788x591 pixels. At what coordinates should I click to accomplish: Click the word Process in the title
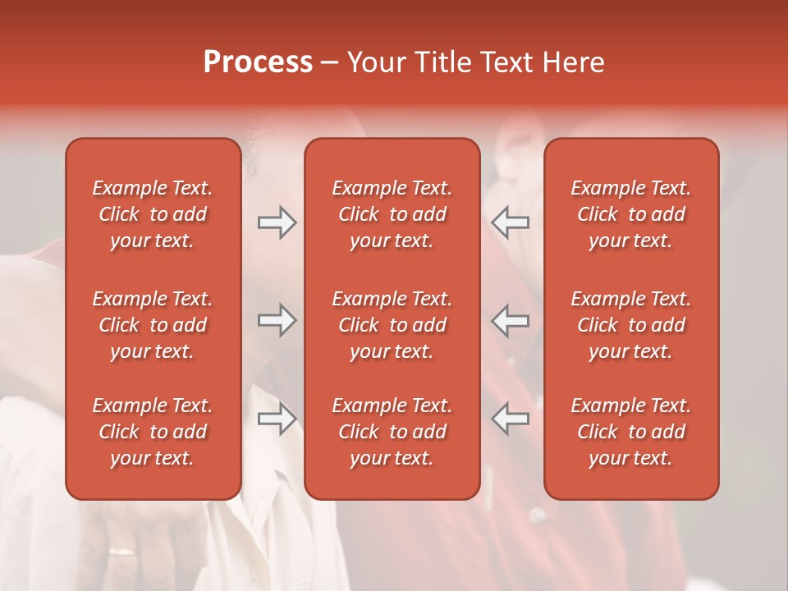coord(258,62)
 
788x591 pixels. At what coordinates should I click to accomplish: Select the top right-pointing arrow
coord(277,222)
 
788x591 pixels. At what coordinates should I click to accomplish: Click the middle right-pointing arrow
coord(277,320)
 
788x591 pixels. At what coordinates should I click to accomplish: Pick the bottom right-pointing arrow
coord(277,419)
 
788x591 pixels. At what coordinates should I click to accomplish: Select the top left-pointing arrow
coord(511,222)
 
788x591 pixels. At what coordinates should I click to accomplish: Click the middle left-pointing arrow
coord(511,320)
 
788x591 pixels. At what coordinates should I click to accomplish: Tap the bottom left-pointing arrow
coord(511,419)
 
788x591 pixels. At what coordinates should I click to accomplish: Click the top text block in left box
coord(153,214)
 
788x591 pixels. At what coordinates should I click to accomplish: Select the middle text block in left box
coord(153,325)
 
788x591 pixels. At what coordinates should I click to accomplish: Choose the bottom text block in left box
coord(153,432)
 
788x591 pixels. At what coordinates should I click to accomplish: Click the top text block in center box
coord(392,214)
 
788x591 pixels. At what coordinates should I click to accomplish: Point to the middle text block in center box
coord(392,325)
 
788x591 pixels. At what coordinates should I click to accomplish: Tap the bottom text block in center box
coord(392,432)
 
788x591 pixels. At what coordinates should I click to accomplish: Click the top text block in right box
coord(631,214)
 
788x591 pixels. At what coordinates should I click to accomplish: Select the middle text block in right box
coord(631,325)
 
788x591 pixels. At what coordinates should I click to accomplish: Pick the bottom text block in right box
coord(631,432)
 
